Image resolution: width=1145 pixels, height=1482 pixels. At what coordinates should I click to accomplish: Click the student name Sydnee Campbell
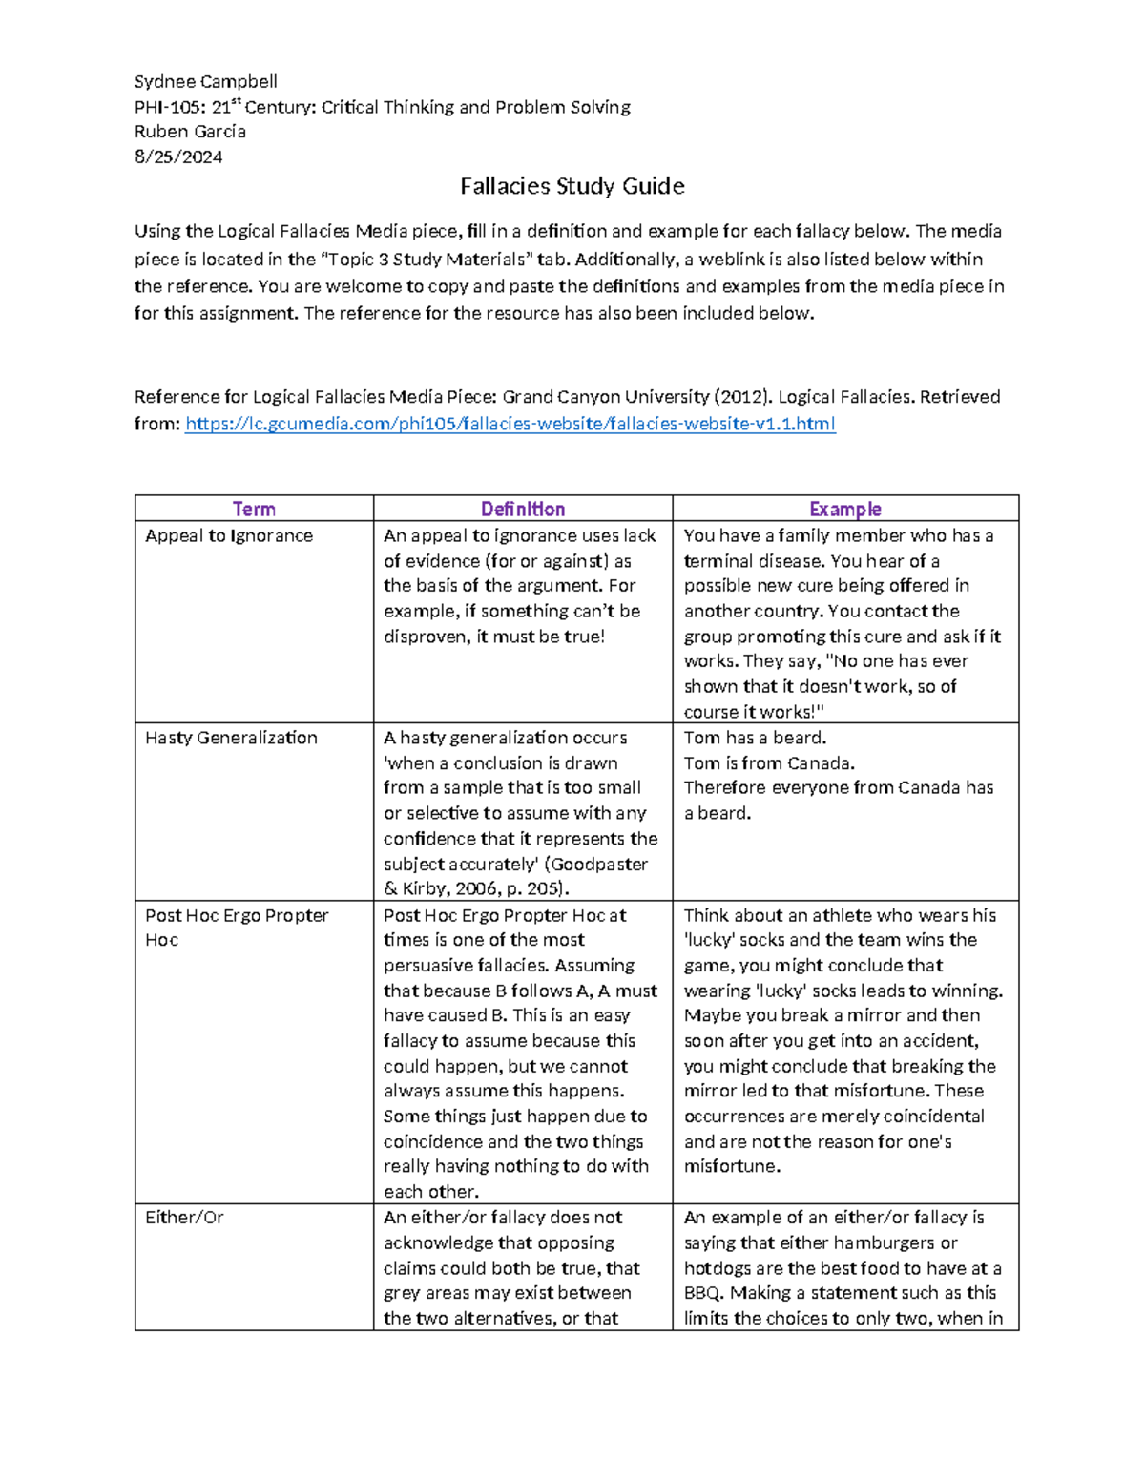click(205, 81)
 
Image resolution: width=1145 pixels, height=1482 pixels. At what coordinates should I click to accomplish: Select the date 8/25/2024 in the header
click(178, 157)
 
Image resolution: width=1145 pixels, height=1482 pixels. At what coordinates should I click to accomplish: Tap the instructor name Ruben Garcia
click(190, 132)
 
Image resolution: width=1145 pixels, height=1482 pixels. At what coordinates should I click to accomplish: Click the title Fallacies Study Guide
click(572, 186)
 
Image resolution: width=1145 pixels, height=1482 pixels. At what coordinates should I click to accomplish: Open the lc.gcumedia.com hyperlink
click(510, 424)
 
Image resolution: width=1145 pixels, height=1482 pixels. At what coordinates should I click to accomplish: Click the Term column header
click(254, 509)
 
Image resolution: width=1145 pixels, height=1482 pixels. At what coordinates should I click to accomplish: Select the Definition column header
click(522, 509)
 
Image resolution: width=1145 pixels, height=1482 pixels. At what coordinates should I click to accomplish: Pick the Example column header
click(844, 509)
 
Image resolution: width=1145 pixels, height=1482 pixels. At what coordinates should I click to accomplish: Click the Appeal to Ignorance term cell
click(229, 535)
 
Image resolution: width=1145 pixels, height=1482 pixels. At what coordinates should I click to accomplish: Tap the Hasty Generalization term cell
click(231, 738)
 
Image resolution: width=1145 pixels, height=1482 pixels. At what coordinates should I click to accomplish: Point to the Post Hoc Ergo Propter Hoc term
click(237, 927)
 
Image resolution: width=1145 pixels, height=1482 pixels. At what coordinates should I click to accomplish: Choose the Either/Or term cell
click(184, 1218)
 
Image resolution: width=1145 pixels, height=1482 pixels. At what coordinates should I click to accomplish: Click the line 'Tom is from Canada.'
click(769, 763)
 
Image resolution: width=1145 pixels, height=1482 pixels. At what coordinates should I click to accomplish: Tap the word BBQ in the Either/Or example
click(704, 1293)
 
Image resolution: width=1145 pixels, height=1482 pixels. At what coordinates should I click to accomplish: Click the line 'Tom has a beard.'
click(755, 738)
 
